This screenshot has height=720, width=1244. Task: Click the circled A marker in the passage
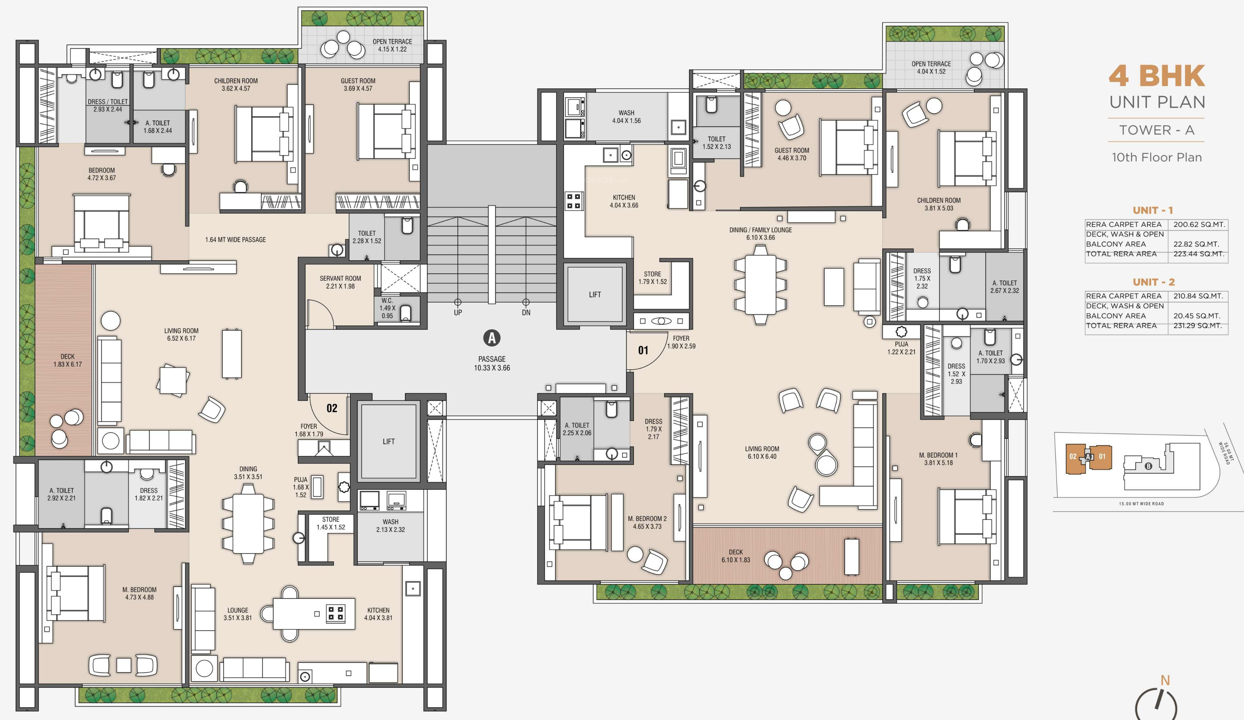(x=492, y=338)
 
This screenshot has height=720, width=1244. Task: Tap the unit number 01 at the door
(x=643, y=351)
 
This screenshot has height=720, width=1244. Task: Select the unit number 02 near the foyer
(x=332, y=408)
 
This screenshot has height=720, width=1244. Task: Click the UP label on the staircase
(x=457, y=312)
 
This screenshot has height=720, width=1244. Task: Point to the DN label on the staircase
(x=526, y=312)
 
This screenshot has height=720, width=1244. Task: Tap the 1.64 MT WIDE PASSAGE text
(x=236, y=240)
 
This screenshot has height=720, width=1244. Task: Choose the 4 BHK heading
(x=1157, y=76)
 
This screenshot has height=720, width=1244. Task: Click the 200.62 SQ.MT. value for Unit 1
(x=1199, y=224)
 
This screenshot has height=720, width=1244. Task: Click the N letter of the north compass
(x=1165, y=680)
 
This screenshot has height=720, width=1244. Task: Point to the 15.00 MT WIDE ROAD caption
(x=1141, y=504)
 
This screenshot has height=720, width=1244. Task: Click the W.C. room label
(x=387, y=300)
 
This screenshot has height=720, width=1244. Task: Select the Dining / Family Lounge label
(x=760, y=230)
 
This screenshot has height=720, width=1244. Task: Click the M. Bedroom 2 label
(x=647, y=519)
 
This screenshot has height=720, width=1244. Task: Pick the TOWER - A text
(x=1156, y=130)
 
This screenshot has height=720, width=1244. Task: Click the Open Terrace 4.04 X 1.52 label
(x=931, y=68)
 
